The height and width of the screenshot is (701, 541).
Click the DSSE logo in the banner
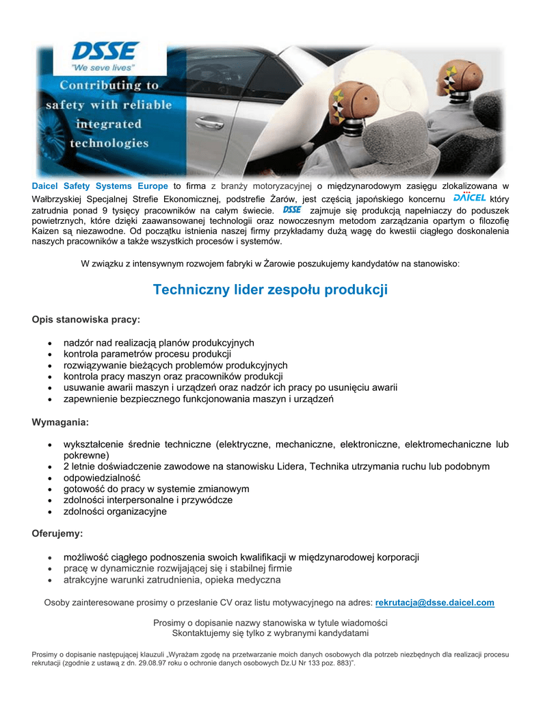(x=105, y=51)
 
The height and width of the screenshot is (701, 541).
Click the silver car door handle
(x=209, y=123)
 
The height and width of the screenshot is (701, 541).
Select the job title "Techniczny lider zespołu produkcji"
(x=270, y=290)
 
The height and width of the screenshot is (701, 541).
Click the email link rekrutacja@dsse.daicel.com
(x=435, y=603)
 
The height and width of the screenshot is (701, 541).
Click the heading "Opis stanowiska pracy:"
(x=86, y=320)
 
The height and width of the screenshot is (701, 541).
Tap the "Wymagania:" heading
(x=60, y=422)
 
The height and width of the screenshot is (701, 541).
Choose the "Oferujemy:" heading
(x=57, y=533)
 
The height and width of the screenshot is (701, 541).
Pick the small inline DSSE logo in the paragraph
(x=292, y=209)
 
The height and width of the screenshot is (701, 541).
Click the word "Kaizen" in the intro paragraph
(x=47, y=231)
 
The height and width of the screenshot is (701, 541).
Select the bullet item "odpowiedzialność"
(x=102, y=478)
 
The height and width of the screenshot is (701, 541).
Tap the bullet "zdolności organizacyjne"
(x=115, y=511)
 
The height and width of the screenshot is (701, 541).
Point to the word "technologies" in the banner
(x=109, y=144)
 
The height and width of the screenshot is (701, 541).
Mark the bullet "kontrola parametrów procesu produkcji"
(x=147, y=355)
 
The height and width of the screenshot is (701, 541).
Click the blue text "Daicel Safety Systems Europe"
(x=100, y=186)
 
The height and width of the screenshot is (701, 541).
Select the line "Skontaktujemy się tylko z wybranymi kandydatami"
(x=270, y=633)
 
